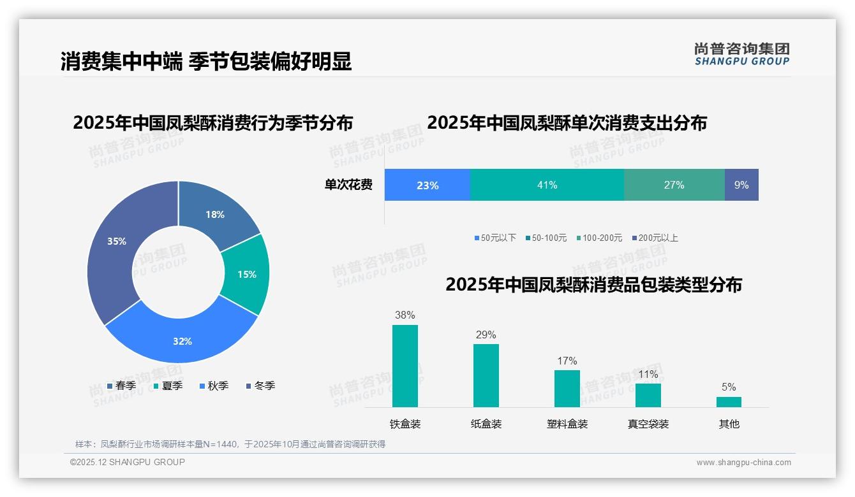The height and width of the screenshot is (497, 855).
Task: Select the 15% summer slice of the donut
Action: click(246, 274)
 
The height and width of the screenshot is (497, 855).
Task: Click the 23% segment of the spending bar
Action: click(427, 185)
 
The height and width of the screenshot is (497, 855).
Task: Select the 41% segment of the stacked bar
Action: click(547, 185)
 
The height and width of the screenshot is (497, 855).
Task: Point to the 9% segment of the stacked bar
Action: click(741, 185)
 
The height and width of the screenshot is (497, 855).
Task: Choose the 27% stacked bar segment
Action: click(674, 185)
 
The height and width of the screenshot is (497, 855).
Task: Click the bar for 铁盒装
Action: click(405, 366)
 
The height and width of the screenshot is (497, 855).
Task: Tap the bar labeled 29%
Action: click(486, 375)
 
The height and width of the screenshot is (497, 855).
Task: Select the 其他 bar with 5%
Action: click(729, 402)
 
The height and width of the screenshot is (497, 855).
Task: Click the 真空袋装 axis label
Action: click(648, 424)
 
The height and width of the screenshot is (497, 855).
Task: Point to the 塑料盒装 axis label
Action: click(567, 424)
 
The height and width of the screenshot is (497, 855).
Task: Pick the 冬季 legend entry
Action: click(260, 385)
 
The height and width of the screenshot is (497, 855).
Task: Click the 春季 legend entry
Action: click(121, 385)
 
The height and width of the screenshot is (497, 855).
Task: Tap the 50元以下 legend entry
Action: click(495, 238)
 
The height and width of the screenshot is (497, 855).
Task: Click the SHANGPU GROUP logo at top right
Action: click(741, 54)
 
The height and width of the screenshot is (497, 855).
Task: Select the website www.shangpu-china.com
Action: click(743, 463)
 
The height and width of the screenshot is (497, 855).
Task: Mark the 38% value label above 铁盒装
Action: click(405, 315)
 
